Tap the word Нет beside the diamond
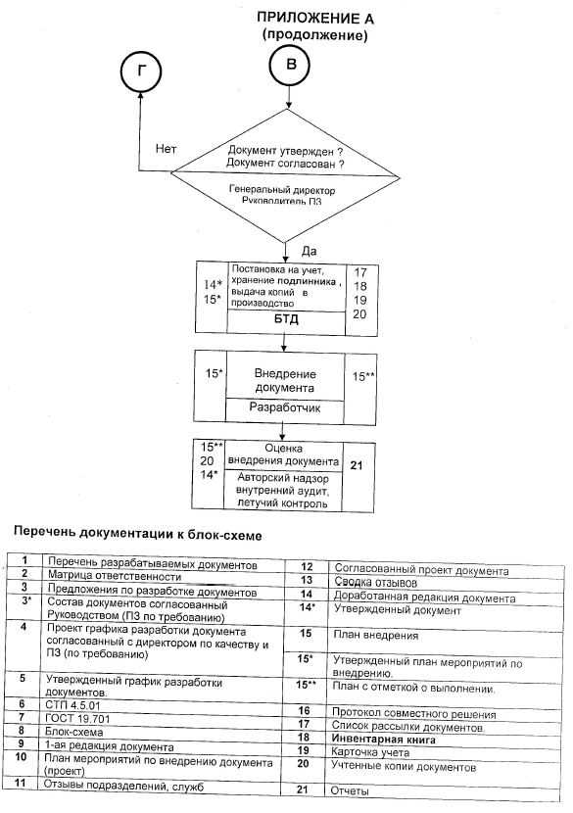(x=166, y=149)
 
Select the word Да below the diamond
(x=309, y=251)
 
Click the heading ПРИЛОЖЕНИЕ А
(x=315, y=19)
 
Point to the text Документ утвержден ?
(x=286, y=152)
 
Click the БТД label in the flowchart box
(x=286, y=318)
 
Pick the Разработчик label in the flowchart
(x=285, y=407)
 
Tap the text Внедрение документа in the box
(x=285, y=381)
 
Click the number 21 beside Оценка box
(x=357, y=465)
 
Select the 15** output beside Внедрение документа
(x=363, y=377)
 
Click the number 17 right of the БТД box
(x=360, y=271)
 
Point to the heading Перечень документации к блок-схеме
(x=137, y=534)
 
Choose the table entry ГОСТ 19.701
(x=77, y=719)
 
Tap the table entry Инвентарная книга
(x=383, y=740)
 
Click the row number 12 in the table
(x=307, y=567)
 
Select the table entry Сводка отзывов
(x=375, y=582)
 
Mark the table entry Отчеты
(x=350, y=791)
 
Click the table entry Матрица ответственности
(x=115, y=576)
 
